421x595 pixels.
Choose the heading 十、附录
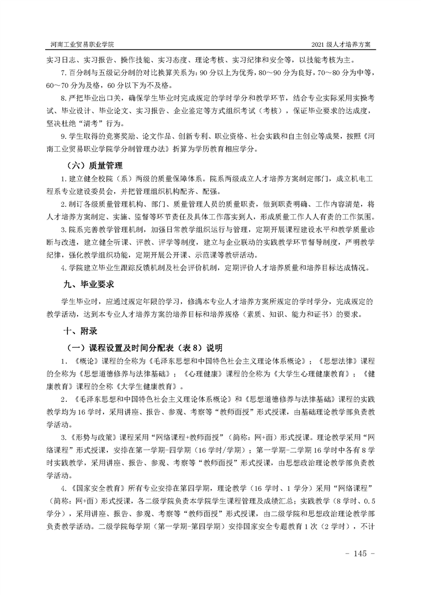tap(80, 330)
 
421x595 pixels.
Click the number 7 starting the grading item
tap(63, 72)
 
